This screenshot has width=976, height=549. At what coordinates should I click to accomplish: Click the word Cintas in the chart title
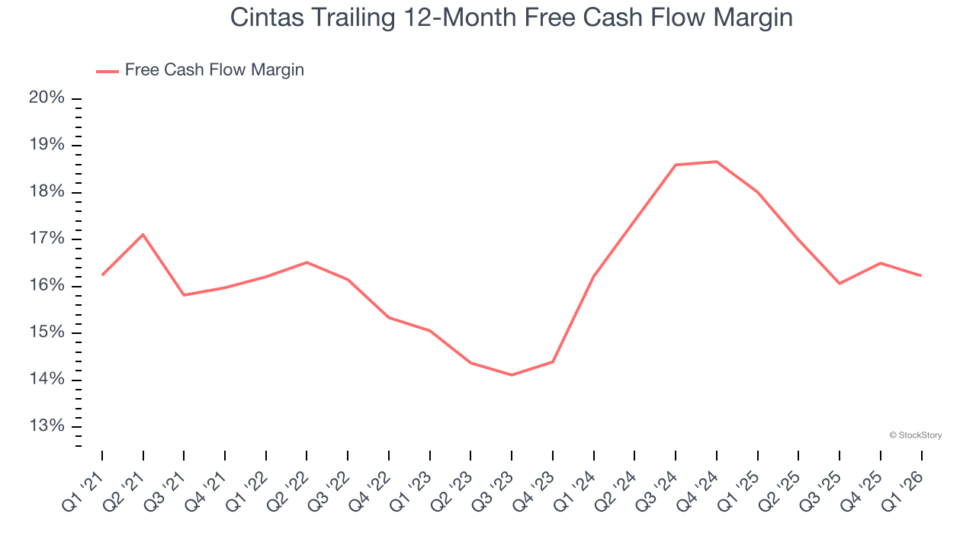click(262, 18)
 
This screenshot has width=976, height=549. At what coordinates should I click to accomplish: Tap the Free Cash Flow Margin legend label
click(214, 70)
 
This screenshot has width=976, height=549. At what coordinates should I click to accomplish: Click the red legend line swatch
click(107, 71)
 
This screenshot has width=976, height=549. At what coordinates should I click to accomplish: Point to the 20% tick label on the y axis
click(47, 98)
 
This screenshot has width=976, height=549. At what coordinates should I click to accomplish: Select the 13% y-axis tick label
click(47, 425)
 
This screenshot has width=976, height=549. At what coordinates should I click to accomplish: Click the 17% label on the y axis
click(47, 239)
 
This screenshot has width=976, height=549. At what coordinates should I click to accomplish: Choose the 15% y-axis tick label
click(47, 332)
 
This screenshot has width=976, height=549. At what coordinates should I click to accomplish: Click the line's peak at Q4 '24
click(717, 162)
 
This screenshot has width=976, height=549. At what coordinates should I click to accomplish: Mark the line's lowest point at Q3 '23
click(512, 375)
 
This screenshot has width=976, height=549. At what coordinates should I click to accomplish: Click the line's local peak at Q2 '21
click(143, 234)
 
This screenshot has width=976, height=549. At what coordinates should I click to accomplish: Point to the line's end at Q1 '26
click(921, 275)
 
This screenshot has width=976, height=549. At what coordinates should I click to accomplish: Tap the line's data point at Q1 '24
click(593, 276)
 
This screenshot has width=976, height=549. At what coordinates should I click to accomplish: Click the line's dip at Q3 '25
click(840, 284)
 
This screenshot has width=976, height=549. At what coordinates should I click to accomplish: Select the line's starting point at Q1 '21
click(102, 274)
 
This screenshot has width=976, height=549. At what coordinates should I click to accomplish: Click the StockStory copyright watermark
click(915, 435)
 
